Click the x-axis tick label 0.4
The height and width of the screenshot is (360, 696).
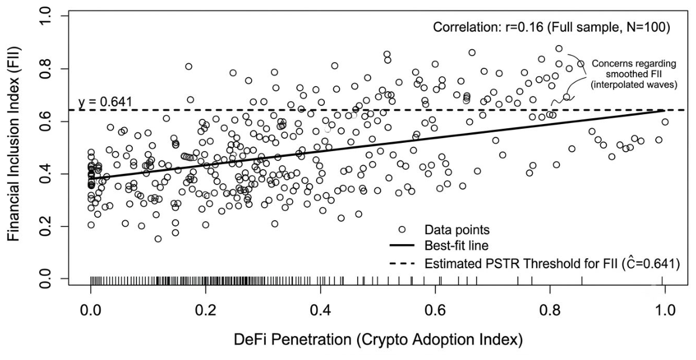(x=320, y=309)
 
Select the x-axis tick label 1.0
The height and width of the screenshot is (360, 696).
(x=665, y=309)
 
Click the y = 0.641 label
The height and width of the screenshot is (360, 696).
(x=105, y=102)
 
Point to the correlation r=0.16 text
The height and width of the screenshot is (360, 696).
(x=550, y=28)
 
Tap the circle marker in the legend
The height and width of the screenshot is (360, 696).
(x=402, y=229)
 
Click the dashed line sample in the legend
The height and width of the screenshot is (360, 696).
(x=401, y=263)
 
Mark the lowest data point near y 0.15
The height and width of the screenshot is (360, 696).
(x=158, y=239)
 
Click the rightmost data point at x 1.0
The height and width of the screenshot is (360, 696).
(x=664, y=122)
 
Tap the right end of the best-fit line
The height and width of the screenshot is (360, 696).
(x=664, y=109)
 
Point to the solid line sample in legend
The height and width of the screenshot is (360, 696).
(x=401, y=245)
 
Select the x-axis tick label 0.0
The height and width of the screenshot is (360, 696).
(x=91, y=309)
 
